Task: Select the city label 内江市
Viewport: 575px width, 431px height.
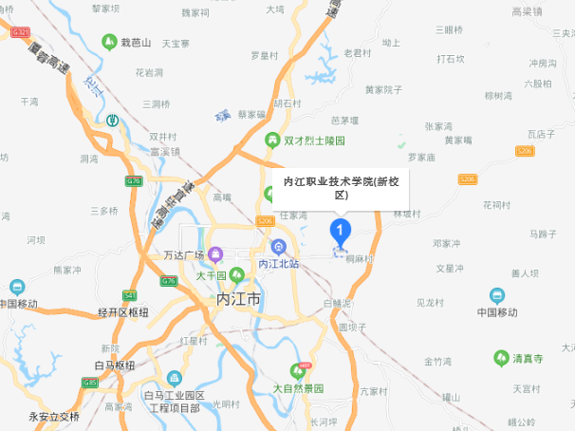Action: (x=238, y=298)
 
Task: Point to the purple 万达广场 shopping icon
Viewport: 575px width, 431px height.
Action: (x=216, y=254)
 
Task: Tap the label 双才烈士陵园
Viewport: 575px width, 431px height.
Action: (x=314, y=140)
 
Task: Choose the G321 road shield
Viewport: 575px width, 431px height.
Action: (x=20, y=32)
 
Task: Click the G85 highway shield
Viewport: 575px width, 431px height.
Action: (x=90, y=383)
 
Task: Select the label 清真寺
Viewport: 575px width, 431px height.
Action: (x=528, y=360)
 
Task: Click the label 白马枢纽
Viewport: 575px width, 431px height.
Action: (x=115, y=365)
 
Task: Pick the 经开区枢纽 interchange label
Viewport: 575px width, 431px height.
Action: (x=123, y=312)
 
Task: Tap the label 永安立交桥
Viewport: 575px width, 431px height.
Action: (x=53, y=415)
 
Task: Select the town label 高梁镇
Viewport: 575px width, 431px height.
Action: (x=526, y=12)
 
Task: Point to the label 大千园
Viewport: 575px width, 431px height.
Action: (x=211, y=275)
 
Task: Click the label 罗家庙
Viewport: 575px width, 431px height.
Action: (x=420, y=157)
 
